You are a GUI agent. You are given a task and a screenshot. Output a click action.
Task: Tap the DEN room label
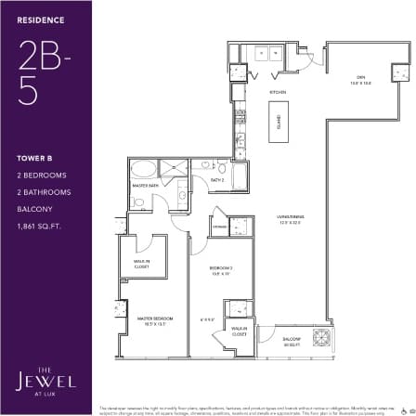click(358, 80)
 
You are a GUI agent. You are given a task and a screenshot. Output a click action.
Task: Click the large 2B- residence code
click(42, 55)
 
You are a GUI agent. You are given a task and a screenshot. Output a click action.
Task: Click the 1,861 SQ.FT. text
click(38, 225)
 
